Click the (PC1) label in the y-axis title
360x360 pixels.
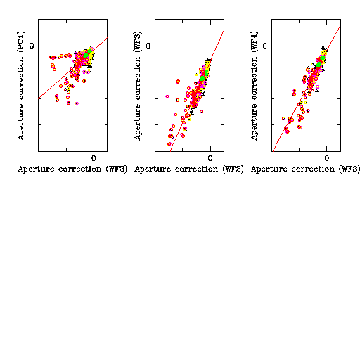21,41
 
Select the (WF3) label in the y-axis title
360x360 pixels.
137,41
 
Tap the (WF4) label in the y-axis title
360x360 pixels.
254,41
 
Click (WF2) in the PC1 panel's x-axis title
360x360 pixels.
117,169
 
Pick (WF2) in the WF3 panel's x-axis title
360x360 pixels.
233,169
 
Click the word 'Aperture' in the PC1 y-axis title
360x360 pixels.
21,122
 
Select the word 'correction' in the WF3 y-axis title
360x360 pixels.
137,78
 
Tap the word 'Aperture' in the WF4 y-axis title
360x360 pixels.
254,122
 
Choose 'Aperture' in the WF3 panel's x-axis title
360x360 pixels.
153,169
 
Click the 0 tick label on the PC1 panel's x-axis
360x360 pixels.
94,158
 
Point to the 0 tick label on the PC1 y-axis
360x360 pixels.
32,46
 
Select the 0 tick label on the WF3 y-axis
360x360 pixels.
148,46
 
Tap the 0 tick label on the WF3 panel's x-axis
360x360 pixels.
210,158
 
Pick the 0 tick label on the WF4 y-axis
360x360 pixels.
264,46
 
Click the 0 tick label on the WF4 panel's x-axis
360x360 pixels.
327,158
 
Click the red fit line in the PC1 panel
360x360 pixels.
72,68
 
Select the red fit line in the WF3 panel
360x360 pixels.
197,91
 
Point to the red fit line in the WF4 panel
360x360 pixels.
307,88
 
